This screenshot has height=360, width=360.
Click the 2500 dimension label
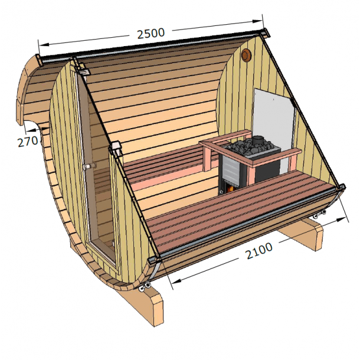(x=150, y=33)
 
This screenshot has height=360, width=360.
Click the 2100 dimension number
(x=259, y=248)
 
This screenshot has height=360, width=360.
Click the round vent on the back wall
(x=246, y=56)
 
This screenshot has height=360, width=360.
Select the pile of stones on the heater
(x=248, y=148)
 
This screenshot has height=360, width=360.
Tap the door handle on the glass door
(x=88, y=167)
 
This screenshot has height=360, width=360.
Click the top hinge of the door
(x=84, y=71)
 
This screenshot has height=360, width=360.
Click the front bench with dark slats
(x=236, y=210)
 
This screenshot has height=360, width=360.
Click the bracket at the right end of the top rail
(x=265, y=31)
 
